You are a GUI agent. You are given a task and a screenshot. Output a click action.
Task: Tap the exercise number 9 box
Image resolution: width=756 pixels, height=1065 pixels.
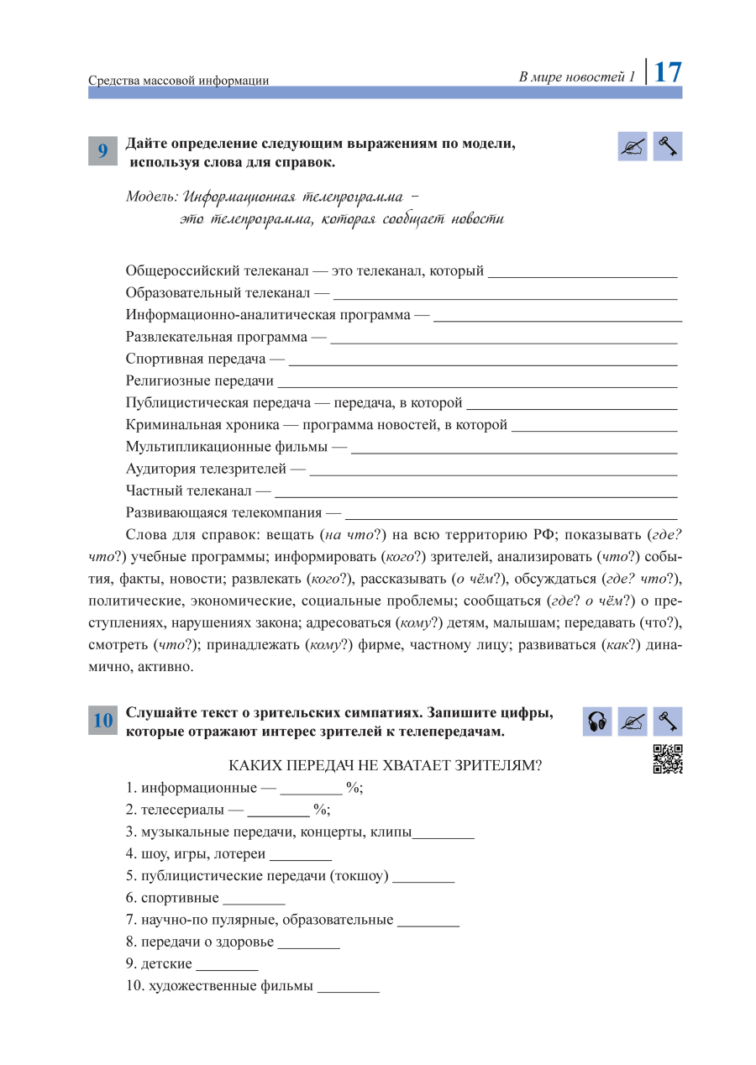point(102,150)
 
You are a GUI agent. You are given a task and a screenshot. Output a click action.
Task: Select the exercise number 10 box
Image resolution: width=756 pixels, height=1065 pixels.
point(102,720)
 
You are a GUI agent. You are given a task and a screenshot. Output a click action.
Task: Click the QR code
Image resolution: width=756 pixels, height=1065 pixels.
point(668,759)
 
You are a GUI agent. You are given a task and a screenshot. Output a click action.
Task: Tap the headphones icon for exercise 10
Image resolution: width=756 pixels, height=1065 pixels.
point(597,721)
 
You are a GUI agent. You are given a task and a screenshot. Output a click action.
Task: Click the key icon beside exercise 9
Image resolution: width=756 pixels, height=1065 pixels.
point(668,147)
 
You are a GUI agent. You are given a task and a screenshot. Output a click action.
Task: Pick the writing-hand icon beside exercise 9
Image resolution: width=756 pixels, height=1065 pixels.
point(633,147)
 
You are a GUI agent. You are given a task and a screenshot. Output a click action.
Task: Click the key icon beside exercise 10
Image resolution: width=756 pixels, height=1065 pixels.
point(668,721)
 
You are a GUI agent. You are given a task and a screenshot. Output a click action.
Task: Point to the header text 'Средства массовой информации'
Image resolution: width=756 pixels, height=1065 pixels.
point(179,81)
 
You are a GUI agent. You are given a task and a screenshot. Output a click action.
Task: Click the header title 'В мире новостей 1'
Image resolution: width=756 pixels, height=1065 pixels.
point(577,76)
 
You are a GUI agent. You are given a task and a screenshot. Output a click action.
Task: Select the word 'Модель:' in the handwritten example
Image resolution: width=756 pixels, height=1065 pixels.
point(152,197)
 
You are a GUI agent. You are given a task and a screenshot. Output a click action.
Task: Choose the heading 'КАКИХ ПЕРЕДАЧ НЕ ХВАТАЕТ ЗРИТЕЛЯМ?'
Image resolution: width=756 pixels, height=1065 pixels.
point(385,765)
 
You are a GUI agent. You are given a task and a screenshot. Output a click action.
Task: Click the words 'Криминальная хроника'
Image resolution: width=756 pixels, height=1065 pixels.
point(202,425)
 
